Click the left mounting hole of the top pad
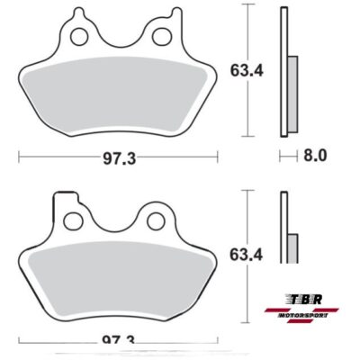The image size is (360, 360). [x=78, y=36]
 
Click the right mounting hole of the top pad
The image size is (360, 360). [x=163, y=36]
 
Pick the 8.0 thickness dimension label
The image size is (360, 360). [x=314, y=155]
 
